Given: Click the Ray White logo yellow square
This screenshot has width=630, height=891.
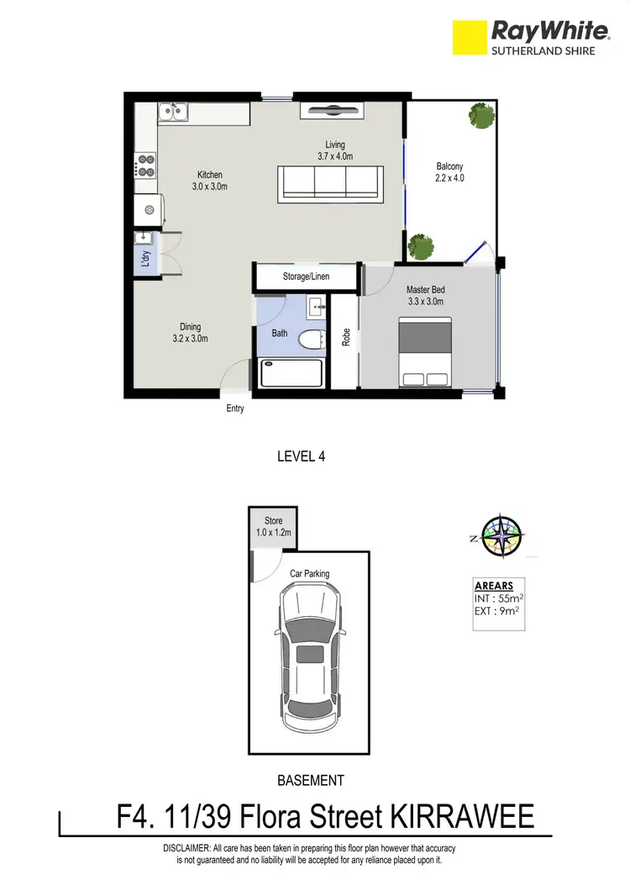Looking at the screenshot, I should pos(471,39).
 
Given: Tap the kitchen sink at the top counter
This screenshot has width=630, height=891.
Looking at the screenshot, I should pos(174,110).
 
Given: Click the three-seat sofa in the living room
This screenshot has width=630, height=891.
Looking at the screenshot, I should pos(330,182).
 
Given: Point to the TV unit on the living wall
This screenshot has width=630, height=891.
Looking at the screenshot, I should pos(330,109).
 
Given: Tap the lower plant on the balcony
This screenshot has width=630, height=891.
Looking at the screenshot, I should pos(420,246).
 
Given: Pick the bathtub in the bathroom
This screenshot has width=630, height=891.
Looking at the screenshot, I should pos(290,372).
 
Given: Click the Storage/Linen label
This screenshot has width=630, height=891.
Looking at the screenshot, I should pos(306,277).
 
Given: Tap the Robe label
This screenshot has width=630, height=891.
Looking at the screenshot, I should pos(345,337).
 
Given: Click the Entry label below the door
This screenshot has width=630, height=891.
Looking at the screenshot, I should pos(235,409).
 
